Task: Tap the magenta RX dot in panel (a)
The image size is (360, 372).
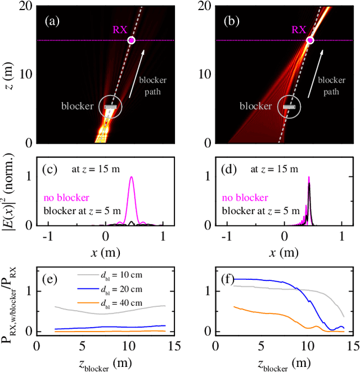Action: click(131, 40)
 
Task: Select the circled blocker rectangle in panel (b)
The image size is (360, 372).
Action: click(289, 106)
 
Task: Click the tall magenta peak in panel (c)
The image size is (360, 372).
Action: click(132, 179)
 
